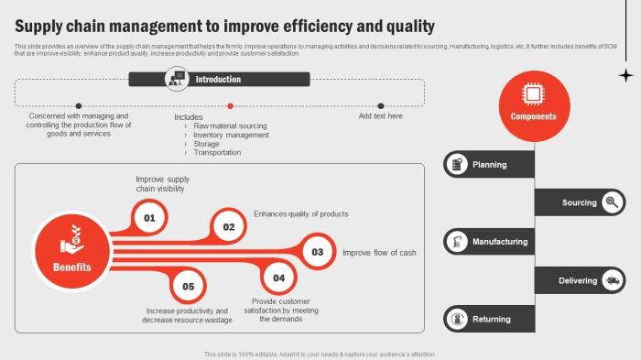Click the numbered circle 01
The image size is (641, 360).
(149, 218)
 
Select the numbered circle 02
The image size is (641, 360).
(229, 226)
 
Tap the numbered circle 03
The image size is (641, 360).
(318, 251)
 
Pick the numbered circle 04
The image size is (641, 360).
(279, 278)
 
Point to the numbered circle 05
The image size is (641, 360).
(188, 286)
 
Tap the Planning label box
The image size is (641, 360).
(489, 165)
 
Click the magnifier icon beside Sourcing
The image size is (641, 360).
(614, 202)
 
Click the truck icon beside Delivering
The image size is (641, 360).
(614, 280)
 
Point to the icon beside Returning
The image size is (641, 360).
(456, 320)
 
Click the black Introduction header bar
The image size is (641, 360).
(218, 80)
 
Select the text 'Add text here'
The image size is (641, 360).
(380, 116)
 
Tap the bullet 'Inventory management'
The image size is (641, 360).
(231, 135)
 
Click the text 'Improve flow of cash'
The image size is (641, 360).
(379, 253)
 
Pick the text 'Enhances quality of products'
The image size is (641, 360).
(300, 213)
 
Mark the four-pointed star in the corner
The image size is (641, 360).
(625, 75)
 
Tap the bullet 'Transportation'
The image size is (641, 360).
(217, 153)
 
